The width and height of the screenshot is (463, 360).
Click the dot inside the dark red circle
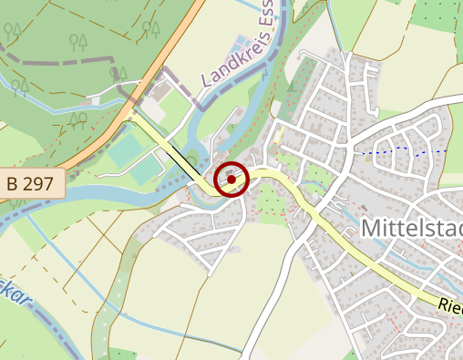(x=231, y=179)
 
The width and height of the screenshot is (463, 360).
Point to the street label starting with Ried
(x=449, y=308)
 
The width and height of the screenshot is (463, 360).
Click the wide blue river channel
(x=109, y=189)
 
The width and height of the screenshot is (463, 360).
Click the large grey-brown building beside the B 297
(x=165, y=91)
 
